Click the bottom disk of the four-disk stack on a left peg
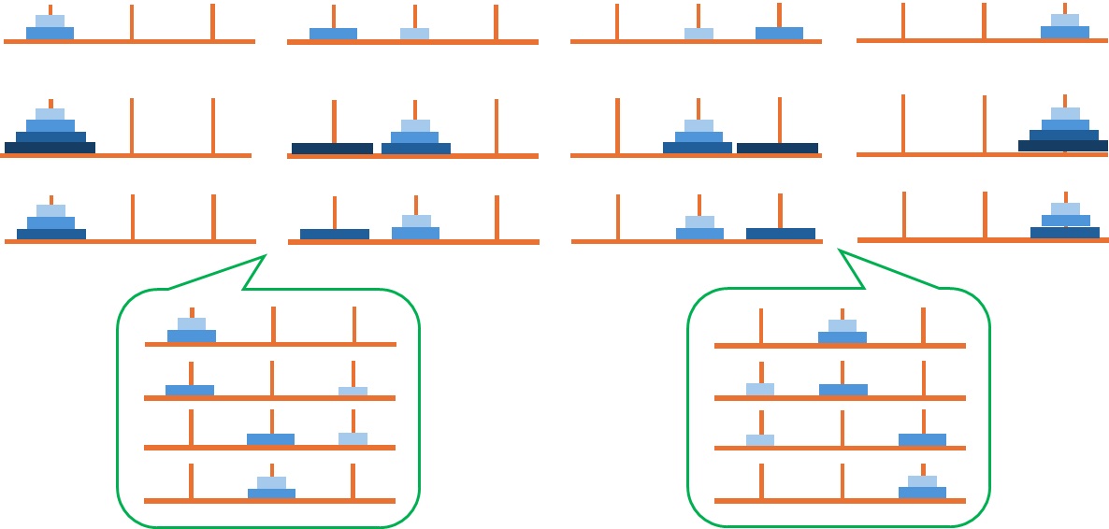pos(50,148)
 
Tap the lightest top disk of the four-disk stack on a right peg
pos(1065,113)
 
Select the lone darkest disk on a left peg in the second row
pos(332,148)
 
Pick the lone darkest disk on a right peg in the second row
pos(777,148)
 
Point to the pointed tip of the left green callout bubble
pos(266,254)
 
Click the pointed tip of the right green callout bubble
pos(840,250)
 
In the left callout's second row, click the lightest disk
pos(353,391)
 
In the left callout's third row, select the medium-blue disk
pos(270,439)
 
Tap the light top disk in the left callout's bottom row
pos(271,482)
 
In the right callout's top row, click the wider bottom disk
pos(842,337)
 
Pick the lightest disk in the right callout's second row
pos(760,389)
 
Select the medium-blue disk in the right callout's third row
pos(922,439)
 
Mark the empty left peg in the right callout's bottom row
pos(761,480)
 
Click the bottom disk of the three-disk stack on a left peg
pos(50,234)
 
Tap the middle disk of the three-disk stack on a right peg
pos(1066,221)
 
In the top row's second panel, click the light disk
pos(414,34)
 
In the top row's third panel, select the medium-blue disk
pos(779,34)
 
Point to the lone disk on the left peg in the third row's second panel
pos(334,234)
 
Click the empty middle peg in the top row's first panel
pos(132,22)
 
